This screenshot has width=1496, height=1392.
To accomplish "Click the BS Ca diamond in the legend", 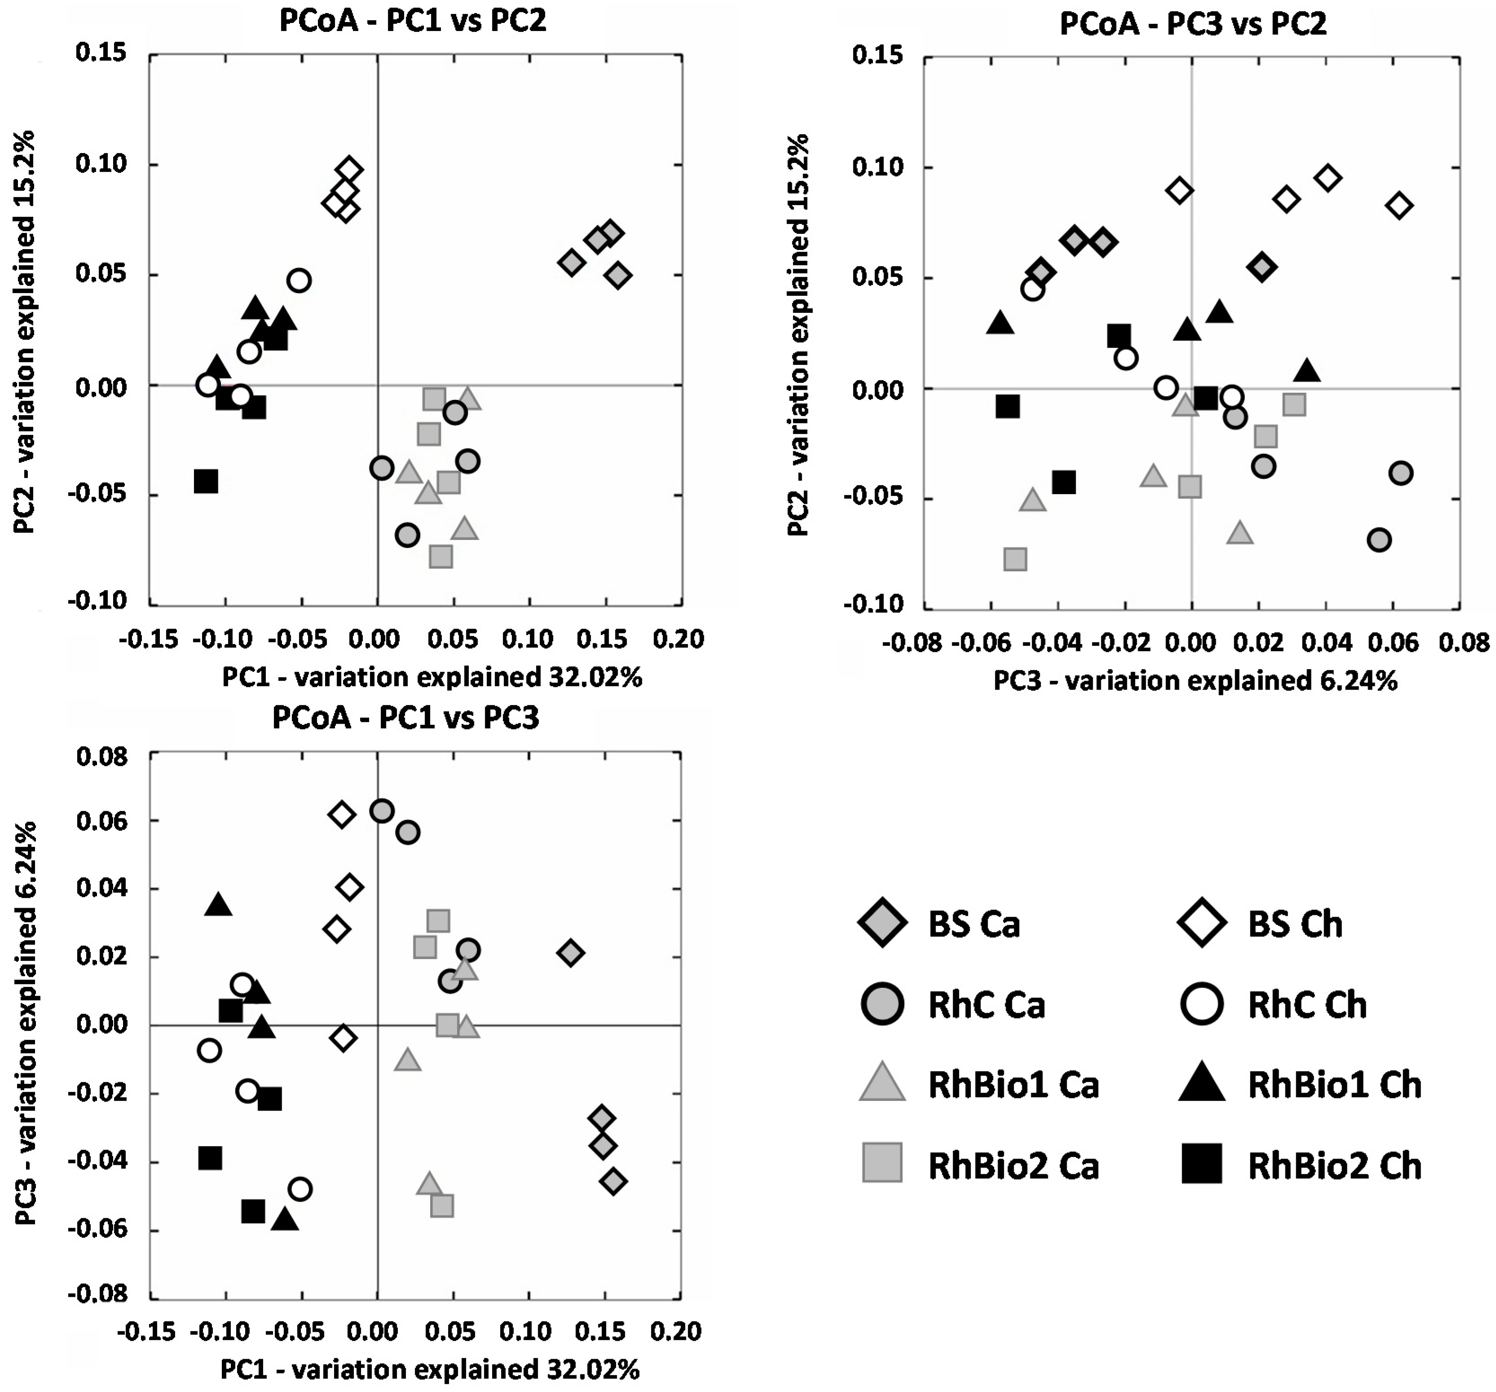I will click(882, 924).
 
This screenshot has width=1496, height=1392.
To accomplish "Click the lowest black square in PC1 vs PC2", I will click(206, 482).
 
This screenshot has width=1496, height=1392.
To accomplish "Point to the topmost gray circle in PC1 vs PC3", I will click(382, 811).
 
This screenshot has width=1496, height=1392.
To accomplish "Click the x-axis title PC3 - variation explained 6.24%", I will click(1195, 681).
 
